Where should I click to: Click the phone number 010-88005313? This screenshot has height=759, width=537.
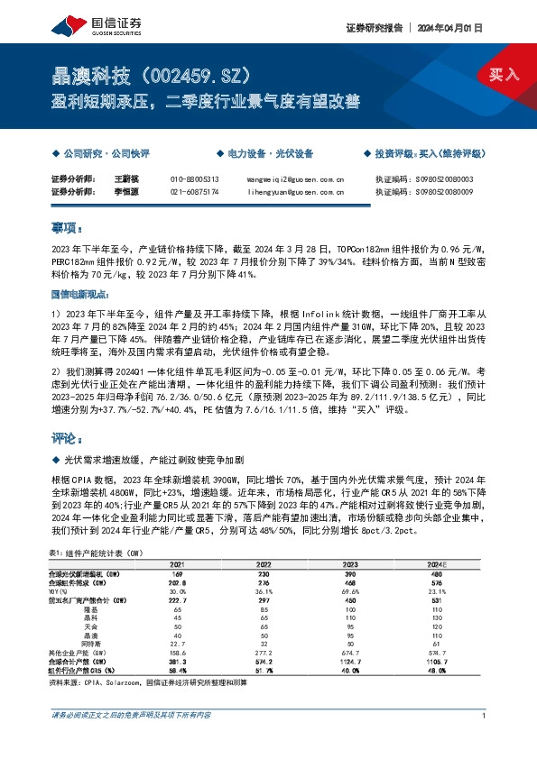point(194,179)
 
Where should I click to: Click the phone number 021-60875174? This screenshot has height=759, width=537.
point(194,191)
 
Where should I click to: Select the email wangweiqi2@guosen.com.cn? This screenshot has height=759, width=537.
point(295,179)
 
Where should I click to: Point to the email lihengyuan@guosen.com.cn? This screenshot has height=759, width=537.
point(295,191)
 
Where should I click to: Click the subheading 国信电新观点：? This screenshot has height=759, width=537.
point(79,294)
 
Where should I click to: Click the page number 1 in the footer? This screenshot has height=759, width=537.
point(485,716)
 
